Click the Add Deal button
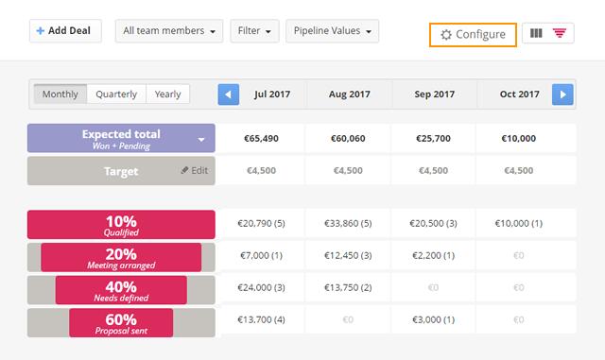pos(64,31)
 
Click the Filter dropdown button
pos(255,31)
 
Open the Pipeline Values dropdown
pos(332,31)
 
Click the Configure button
pos(473,34)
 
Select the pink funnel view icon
pos(561,34)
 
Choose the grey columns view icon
pos(537,34)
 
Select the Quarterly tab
pos(117,94)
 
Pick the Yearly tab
pos(168,94)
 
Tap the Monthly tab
pos(60,94)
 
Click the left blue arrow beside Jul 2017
pos(229,94)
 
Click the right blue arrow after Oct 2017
pos(562,94)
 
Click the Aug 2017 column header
pos(349,94)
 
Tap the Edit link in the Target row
pos(194,171)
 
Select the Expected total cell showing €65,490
pos(263,138)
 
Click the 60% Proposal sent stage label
pos(121,323)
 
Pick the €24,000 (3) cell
pos(263,288)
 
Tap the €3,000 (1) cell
pos(434,321)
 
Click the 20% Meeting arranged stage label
pos(121,257)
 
